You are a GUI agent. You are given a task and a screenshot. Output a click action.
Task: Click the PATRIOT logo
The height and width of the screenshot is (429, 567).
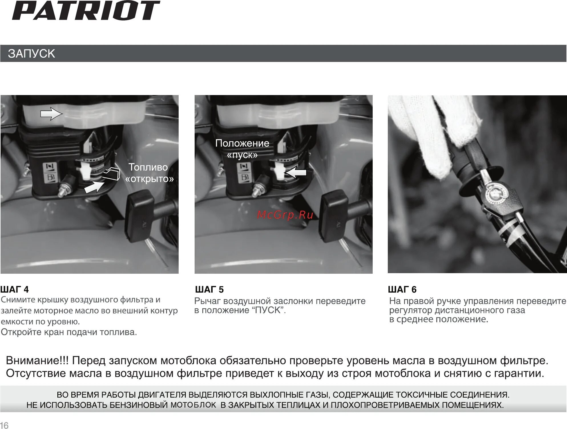tap(86, 11)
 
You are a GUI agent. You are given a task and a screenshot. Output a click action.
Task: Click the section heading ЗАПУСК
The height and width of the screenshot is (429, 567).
tap(31, 54)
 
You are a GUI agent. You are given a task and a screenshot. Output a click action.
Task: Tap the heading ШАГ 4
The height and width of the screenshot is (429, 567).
tap(15, 289)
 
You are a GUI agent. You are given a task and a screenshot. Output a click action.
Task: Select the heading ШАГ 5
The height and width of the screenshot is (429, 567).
tap(209, 289)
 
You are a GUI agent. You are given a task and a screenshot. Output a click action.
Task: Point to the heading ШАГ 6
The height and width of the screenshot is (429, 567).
tap(402, 289)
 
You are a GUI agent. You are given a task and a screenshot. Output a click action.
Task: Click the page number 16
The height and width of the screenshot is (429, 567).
tap(4, 425)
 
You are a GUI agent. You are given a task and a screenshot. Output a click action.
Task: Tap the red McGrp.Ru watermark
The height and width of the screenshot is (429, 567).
tap(285, 215)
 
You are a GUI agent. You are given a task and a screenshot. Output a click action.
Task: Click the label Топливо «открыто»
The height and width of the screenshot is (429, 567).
tap(149, 173)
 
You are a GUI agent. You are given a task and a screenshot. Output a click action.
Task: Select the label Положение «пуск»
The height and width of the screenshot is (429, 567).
tap(242, 149)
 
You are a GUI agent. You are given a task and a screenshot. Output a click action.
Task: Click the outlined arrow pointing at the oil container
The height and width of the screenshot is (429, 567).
tap(51, 114)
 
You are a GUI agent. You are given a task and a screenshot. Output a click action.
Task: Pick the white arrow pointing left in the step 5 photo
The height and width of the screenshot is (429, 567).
tap(296, 172)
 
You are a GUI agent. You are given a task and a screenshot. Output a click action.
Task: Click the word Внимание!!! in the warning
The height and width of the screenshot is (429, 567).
tap(37, 360)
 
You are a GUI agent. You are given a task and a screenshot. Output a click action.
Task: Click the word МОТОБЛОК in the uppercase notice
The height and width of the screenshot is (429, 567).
tap(193, 405)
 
